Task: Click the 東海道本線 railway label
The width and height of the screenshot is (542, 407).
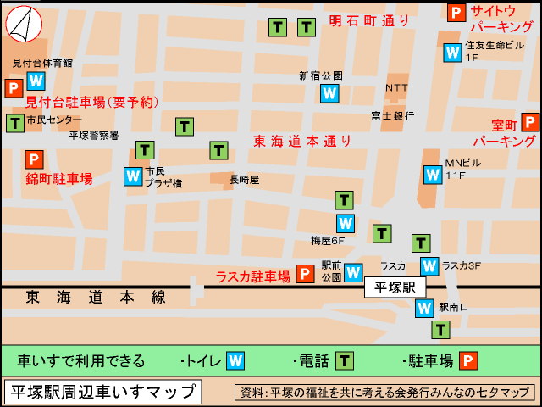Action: click(96, 297)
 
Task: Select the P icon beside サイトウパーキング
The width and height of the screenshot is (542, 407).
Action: click(456, 13)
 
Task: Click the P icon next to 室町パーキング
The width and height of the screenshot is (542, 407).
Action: click(531, 122)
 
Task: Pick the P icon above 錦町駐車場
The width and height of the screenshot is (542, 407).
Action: click(33, 159)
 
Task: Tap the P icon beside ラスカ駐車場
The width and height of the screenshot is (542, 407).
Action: click(305, 275)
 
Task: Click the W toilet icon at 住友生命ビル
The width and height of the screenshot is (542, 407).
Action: click(452, 53)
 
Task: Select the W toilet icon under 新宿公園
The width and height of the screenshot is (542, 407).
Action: click(329, 93)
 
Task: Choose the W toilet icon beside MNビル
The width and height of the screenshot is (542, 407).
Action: click(433, 175)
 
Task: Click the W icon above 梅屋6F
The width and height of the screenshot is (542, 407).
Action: click(345, 223)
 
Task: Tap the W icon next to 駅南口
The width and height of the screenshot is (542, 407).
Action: click(424, 308)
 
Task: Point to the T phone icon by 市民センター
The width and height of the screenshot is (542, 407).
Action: click(14, 122)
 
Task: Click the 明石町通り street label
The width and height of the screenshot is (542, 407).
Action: click(369, 20)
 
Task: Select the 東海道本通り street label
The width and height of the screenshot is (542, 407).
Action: click(302, 141)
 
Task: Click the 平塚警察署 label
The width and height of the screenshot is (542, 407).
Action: click(94, 135)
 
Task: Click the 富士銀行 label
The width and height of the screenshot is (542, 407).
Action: click(392, 115)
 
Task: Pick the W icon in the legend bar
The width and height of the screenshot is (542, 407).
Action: click(235, 360)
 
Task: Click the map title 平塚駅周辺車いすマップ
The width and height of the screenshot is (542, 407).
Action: click(102, 393)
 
